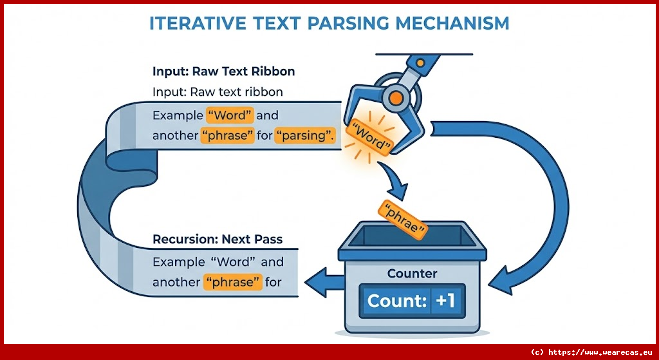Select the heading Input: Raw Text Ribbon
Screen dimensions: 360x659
[223, 71]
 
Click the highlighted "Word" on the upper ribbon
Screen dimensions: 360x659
[230, 116]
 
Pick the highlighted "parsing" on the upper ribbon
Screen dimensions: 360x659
[304, 136]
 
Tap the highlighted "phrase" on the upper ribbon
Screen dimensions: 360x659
[227, 136]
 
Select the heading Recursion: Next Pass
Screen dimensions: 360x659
[218, 240]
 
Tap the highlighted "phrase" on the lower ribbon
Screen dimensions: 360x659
[232, 282]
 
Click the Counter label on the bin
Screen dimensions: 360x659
[412, 274]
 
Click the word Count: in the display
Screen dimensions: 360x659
[393, 301]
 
